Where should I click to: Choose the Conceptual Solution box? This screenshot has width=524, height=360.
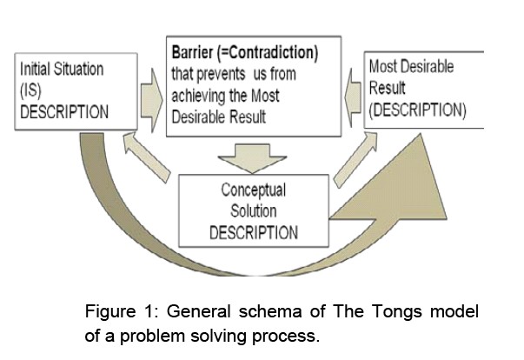click(x=253, y=210)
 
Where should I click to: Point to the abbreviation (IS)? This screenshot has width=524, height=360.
click(x=32, y=89)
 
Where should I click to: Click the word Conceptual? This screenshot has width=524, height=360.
click(x=253, y=189)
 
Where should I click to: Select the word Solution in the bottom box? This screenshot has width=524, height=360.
click(x=253, y=211)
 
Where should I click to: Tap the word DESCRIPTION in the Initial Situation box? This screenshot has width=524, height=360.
click(x=64, y=112)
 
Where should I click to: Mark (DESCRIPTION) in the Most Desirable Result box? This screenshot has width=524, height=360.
click(x=417, y=111)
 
